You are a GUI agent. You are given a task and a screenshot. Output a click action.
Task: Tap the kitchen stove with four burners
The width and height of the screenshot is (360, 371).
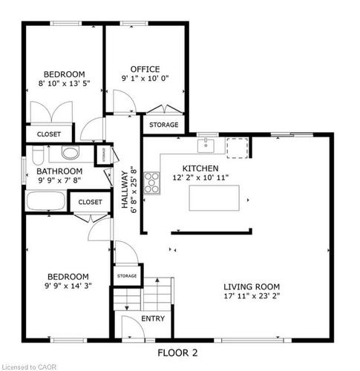pos(151,183)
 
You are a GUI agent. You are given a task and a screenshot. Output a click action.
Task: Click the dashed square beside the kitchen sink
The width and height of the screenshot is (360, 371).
pos(235,147)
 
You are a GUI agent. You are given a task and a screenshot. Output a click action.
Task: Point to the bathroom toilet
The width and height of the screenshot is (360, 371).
pos(71,154)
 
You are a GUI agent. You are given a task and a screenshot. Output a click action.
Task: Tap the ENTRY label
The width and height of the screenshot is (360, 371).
pos(154,319)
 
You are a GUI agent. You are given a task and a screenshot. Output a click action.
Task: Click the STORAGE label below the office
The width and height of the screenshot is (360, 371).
pos(163,125)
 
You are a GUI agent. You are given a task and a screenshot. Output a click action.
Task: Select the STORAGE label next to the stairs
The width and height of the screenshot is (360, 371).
pos(126,276)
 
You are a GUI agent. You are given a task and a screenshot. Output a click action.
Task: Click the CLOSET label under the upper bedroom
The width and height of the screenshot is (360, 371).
pos(49,134)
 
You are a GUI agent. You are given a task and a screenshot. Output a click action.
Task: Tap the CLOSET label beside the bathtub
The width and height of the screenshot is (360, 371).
pos(90,202)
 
